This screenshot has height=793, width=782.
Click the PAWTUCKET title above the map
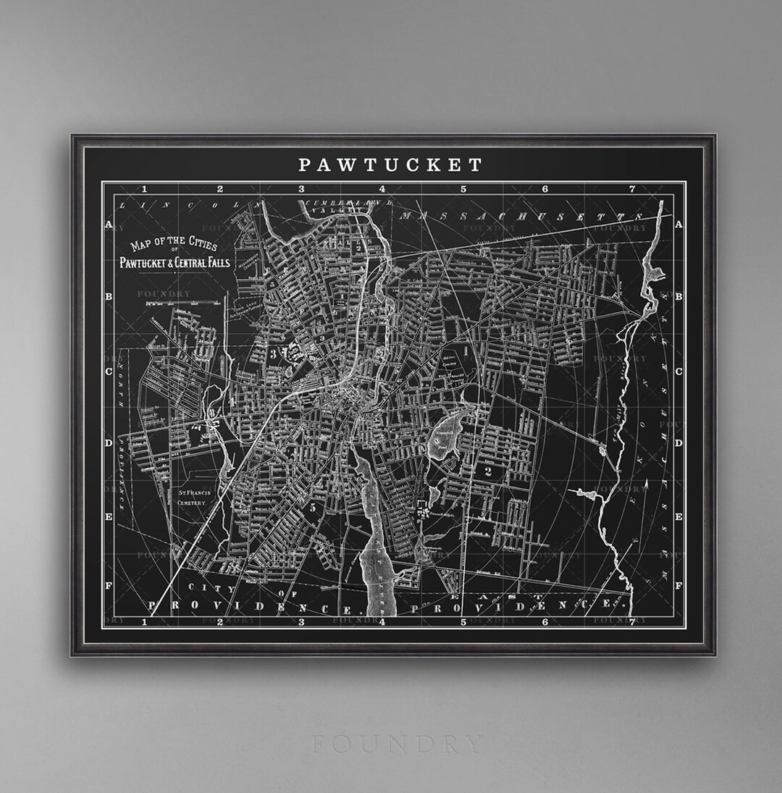tap(391, 165)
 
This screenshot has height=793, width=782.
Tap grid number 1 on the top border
tap(145, 189)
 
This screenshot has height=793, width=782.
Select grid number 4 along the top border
tap(382, 189)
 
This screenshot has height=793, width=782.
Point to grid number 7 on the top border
tap(632, 189)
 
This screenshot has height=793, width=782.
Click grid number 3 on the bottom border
tap(301, 621)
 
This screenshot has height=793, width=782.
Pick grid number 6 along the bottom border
tap(545, 621)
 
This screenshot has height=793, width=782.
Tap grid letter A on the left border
tap(109, 225)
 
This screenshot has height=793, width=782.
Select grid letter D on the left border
tap(109, 443)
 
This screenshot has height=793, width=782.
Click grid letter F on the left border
tap(109, 585)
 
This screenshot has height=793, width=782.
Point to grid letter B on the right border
tap(678, 297)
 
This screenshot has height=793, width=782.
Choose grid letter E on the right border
tap(678, 517)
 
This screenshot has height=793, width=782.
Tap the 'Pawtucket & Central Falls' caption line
tap(175, 262)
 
